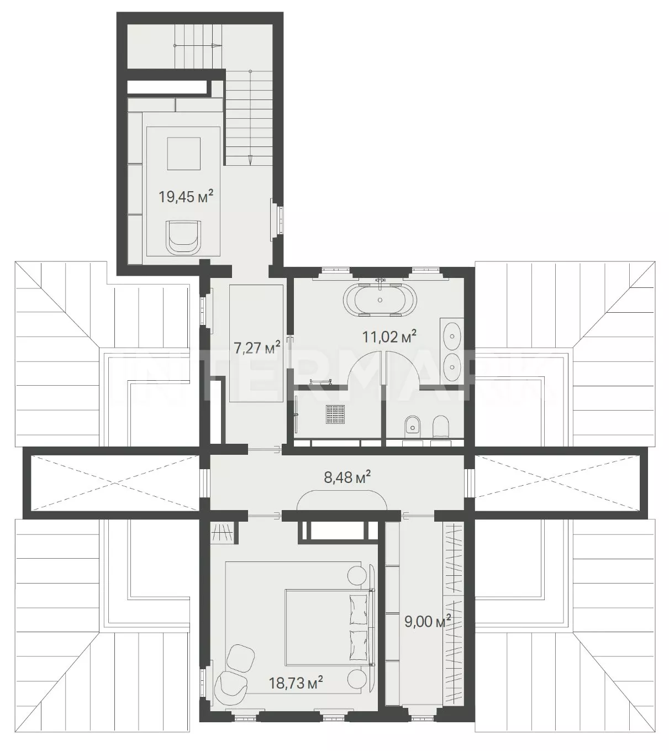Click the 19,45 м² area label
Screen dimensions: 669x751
coord(186,197)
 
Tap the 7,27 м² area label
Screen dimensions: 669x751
coord(257,348)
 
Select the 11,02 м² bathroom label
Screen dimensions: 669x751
coord(389,337)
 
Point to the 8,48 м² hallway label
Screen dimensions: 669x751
coord(347,477)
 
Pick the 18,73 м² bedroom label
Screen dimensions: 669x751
coord(296,682)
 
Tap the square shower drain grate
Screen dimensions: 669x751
coord(335,414)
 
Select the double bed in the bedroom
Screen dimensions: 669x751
coord(329,627)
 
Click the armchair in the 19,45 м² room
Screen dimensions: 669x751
coord(183,237)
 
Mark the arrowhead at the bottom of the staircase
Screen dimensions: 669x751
coord(251,160)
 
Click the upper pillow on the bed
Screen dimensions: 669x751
coord(357,608)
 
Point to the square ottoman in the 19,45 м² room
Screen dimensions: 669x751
coord(183,154)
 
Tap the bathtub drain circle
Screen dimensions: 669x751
coord(380,300)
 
